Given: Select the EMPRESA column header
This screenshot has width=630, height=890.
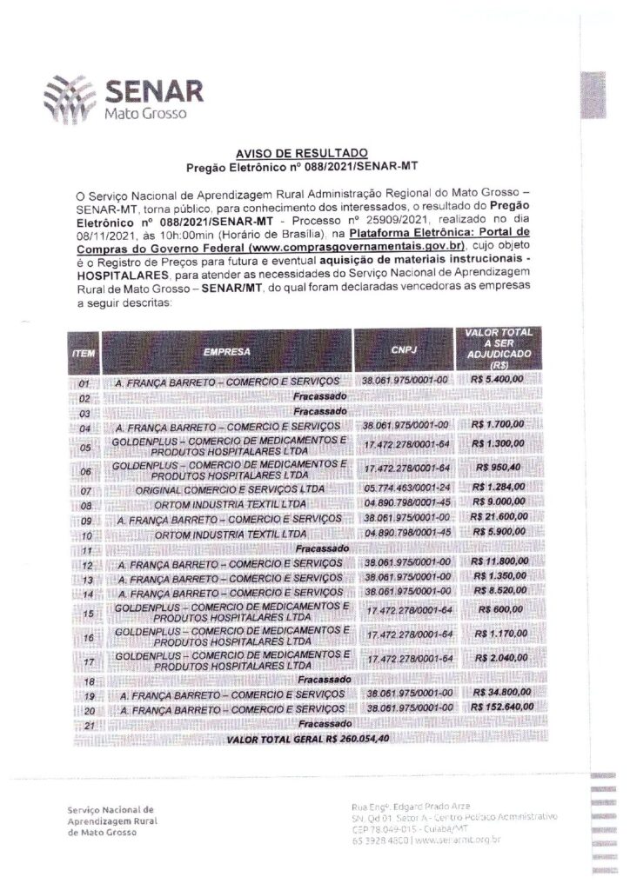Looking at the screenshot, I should click(227, 352).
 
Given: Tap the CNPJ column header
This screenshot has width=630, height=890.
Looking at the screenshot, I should click(405, 351).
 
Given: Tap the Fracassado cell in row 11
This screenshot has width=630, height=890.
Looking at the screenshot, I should click(322, 548).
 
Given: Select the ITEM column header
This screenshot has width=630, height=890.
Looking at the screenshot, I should click(84, 352).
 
